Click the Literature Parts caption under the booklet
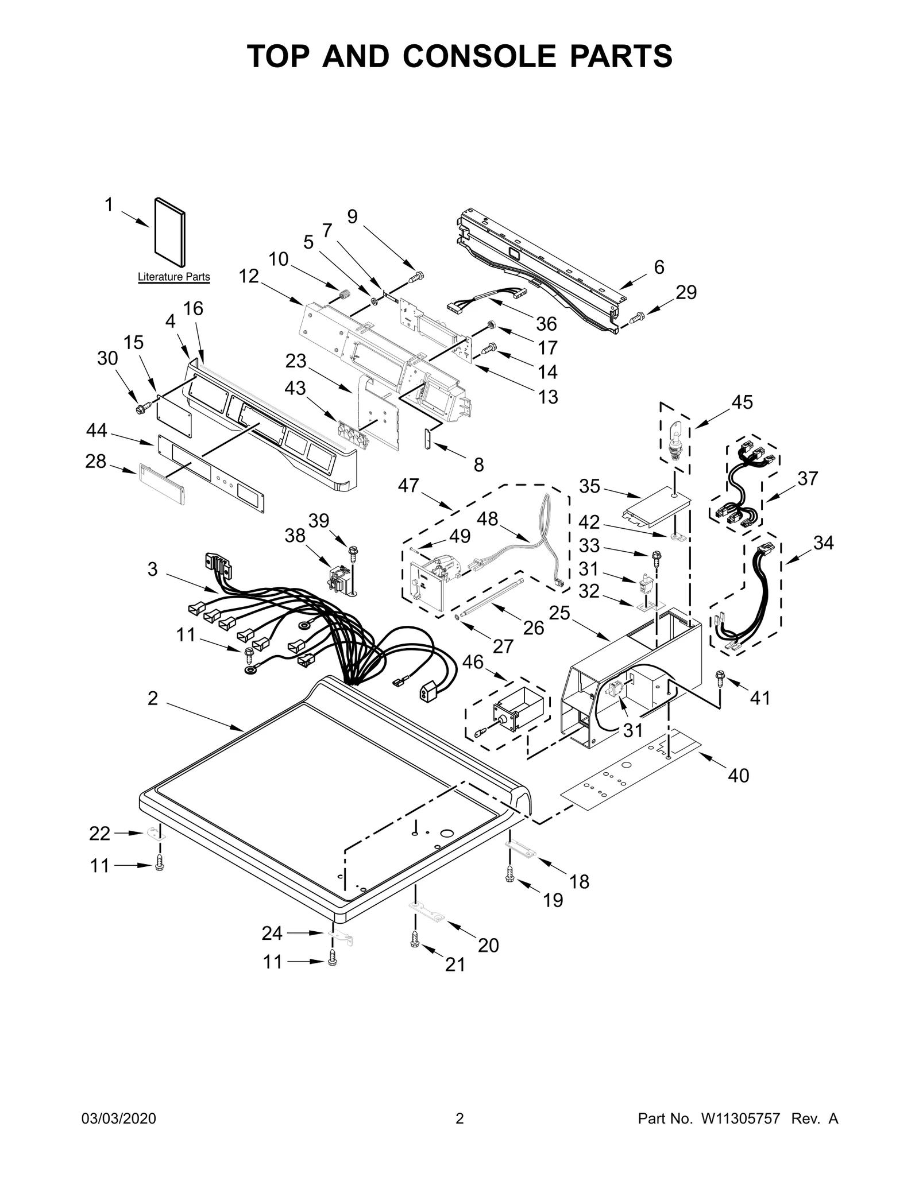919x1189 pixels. point(173,277)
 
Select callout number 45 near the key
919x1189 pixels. point(742,402)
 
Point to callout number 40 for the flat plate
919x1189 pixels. point(738,776)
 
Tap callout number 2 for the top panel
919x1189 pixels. point(152,698)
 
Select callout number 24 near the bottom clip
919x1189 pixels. point(272,934)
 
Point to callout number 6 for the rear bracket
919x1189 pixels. point(659,267)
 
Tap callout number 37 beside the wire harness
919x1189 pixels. point(807,478)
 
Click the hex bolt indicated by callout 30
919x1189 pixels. point(140,408)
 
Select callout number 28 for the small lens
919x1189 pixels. point(96,461)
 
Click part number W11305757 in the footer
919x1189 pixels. point(739,1135)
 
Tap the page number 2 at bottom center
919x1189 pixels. point(459,1135)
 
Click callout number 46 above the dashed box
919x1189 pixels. point(473,662)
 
